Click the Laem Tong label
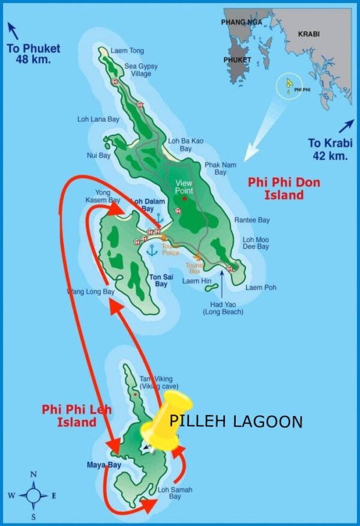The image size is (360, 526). pos(127,51)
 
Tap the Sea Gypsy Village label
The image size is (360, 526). pos(141,70)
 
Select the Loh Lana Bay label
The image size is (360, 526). pos(98,119)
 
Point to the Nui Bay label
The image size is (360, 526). pos(98,155)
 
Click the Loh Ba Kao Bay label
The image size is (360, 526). pos(185,145)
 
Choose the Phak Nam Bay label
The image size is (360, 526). pos(220,169)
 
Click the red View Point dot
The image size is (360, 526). pos(184,198)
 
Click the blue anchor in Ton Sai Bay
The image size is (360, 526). pos(152,250)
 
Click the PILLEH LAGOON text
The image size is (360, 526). pos(236,422)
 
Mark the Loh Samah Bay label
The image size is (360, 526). pos(175,494)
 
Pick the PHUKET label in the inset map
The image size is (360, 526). pos(238,60)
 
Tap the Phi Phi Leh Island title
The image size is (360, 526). pos(69,416)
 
